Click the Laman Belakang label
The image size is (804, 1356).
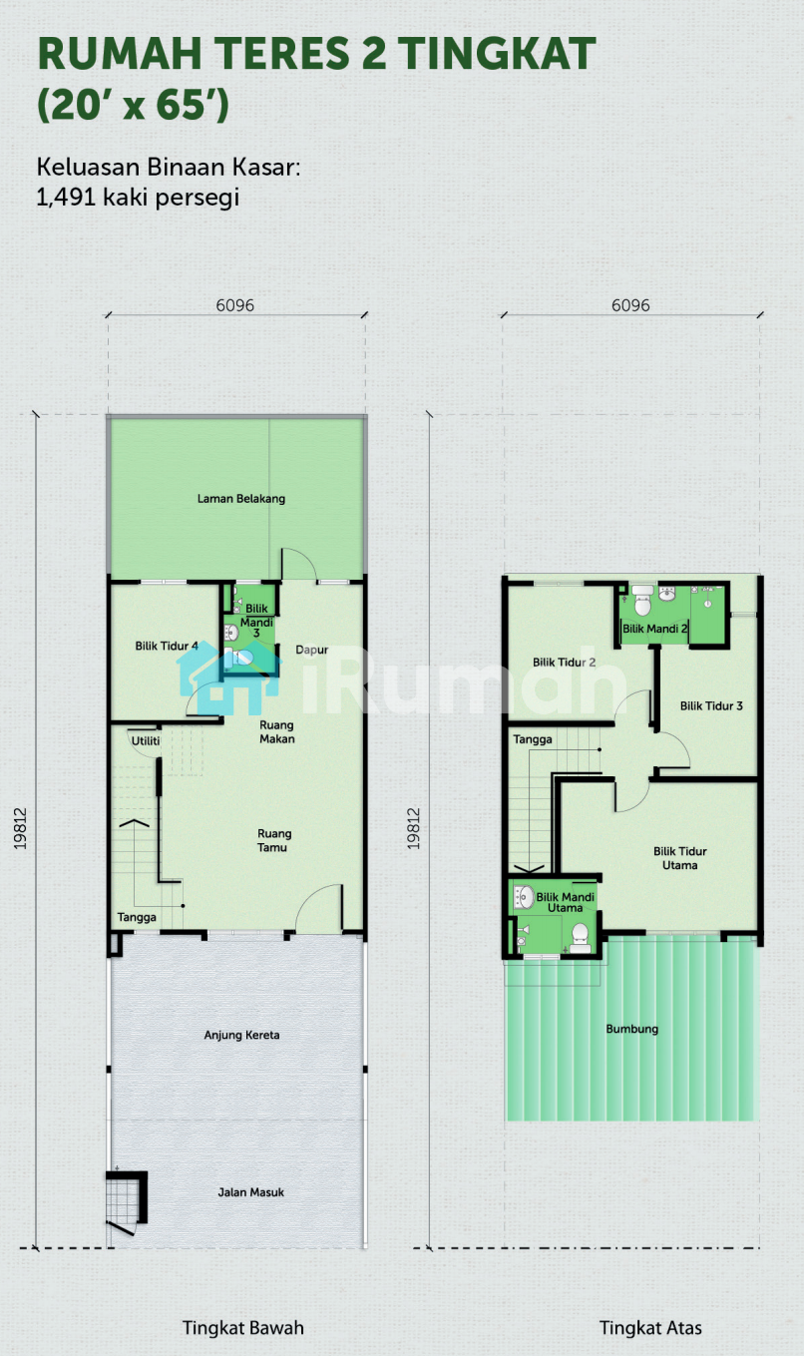(x=240, y=499)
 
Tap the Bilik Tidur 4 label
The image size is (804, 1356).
(x=167, y=646)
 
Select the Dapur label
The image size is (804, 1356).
(x=311, y=651)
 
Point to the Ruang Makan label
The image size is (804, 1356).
(x=277, y=731)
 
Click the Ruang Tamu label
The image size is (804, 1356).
(x=274, y=840)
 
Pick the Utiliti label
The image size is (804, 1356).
(x=146, y=741)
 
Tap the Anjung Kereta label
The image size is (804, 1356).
(x=241, y=1035)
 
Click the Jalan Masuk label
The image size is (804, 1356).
(x=251, y=1192)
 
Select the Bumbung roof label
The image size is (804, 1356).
(x=632, y=1029)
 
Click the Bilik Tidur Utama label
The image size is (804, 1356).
(x=680, y=858)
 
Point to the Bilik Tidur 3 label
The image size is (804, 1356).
(x=711, y=705)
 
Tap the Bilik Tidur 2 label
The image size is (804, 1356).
(x=564, y=663)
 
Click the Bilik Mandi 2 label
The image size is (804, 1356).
(x=655, y=629)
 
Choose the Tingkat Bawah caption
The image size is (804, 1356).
(x=243, y=1327)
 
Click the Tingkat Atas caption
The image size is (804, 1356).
(x=650, y=1327)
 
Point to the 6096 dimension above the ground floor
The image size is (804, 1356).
(x=235, y=305)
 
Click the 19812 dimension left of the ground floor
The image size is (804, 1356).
(x=21, y=829)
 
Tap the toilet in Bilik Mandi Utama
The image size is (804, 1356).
(x=580, y=938)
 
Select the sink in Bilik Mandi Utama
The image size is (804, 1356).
(x=524, y=897)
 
